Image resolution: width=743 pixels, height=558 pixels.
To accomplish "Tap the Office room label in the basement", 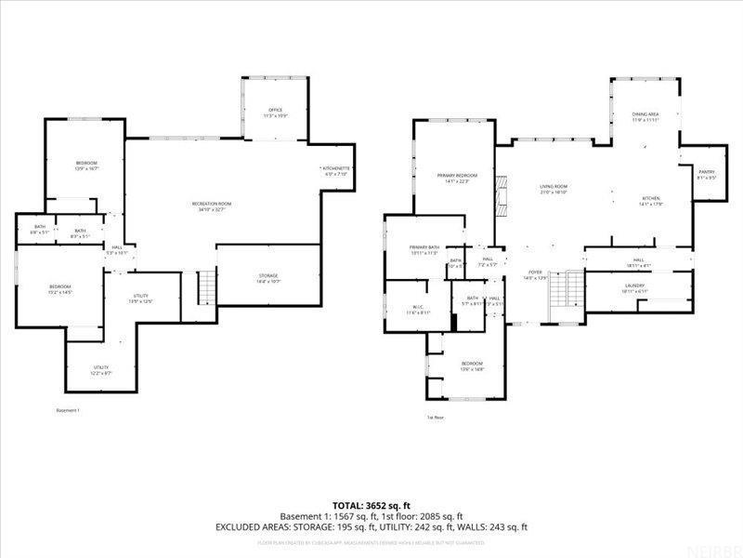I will (275, 113).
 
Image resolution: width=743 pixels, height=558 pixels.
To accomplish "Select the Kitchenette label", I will (335, 171).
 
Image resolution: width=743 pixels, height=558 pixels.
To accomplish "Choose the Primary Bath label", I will (424, 249).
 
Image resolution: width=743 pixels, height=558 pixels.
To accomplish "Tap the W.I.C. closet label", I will (418, 310).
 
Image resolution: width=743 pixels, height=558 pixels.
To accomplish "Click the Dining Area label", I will (645, 117).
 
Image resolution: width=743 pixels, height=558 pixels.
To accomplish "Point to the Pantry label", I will (707, 174).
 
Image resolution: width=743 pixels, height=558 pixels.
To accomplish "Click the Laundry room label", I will (635, 288).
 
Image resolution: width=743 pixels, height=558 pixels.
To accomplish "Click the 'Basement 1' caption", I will (69, 410).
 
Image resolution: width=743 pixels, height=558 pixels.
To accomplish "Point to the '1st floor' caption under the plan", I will (436, 418).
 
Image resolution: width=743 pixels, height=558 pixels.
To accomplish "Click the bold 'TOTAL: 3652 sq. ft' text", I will (371, 505).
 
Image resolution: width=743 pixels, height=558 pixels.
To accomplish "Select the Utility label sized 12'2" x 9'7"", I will (100, 369).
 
